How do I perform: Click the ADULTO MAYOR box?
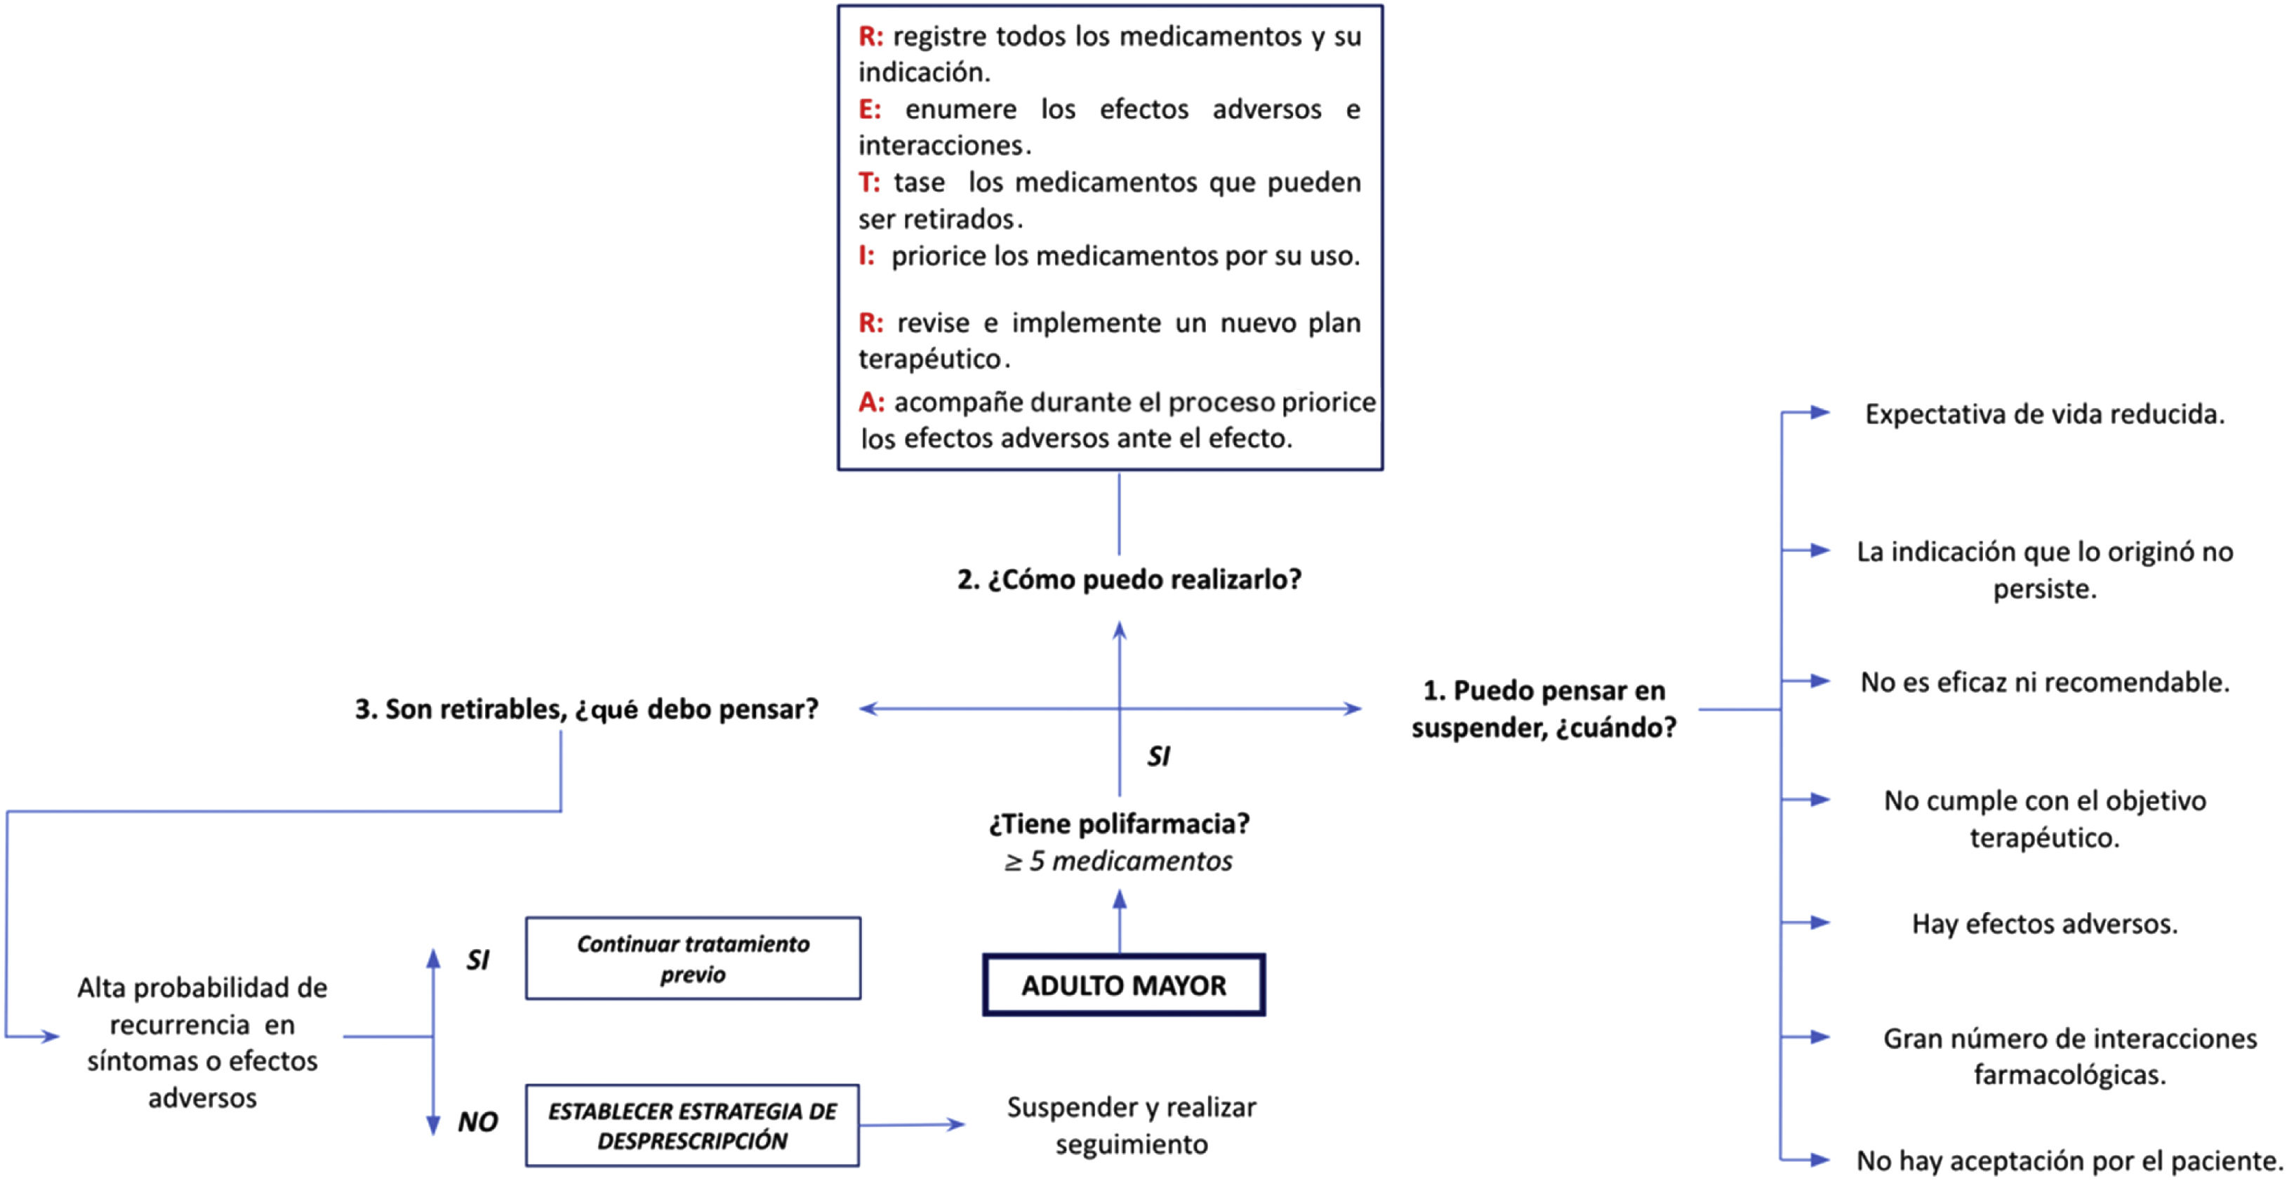1123,985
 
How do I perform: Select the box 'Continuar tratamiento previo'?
693,958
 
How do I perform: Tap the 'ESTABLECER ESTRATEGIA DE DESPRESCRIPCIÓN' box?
693,1125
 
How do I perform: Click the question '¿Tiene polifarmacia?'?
1119,823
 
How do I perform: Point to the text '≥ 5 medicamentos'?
1119,860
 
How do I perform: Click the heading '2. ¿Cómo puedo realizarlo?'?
1128,579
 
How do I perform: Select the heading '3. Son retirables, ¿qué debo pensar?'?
586,708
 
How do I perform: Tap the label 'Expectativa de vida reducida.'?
2045,414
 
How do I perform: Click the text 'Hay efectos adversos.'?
2045,923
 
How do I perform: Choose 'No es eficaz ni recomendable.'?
2045,682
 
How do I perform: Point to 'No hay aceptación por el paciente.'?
2069,1160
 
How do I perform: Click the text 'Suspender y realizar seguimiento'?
1131,1125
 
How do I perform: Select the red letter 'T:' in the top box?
868,182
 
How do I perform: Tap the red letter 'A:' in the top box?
870,402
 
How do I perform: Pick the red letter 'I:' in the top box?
866,256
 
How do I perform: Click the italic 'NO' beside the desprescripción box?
477,1121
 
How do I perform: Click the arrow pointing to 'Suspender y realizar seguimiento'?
915,1124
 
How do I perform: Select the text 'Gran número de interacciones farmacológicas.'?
2069,1056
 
